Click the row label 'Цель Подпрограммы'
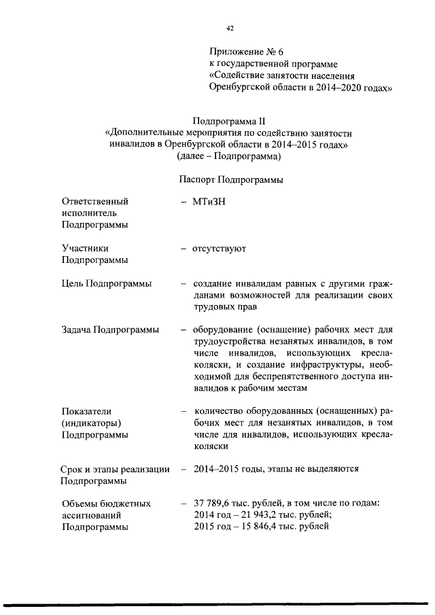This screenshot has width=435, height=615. [x=107, y=283]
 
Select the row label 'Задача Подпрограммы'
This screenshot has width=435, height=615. [x=110, y=330]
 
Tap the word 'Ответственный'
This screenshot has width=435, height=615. [x=94, y=201]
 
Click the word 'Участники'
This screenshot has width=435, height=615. [x=85, y=249]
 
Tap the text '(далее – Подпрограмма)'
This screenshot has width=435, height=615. [x=228, y=156]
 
